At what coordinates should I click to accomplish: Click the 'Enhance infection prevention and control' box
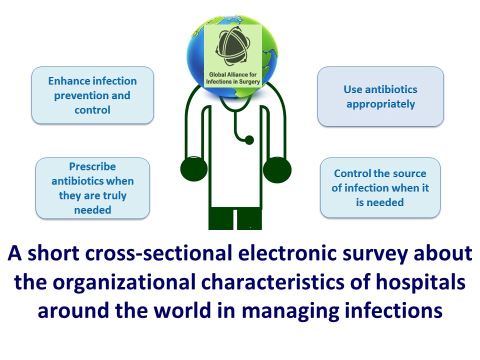pyautogui.click(x=92, y=95)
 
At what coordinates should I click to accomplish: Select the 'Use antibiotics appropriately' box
pyautogui.click(x=380, y=96)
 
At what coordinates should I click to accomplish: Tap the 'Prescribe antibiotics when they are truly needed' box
pyautogui.click(x=92, y=188)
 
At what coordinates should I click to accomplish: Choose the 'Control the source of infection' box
pyautogui.click(x=380, y=187)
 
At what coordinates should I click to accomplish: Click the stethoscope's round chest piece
pyautogui.click(x=249, y=140)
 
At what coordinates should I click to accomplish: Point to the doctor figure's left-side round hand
pyautogui.click(x=194, y=169)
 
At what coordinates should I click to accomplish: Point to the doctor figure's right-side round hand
pyautogui.click(x=277, y=170)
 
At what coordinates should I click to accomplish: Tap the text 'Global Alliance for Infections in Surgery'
pyautogui.click(x=233, y=78)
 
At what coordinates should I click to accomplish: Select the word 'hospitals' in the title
pyautogui.click(x=420, y=282)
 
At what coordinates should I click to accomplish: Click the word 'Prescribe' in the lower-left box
pyautogui.click(x=92, y=166)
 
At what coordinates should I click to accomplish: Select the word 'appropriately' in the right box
pyautogui.click(x=381, y=104)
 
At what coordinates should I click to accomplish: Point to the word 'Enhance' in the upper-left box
pyautogui.click(x=66, y=81)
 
